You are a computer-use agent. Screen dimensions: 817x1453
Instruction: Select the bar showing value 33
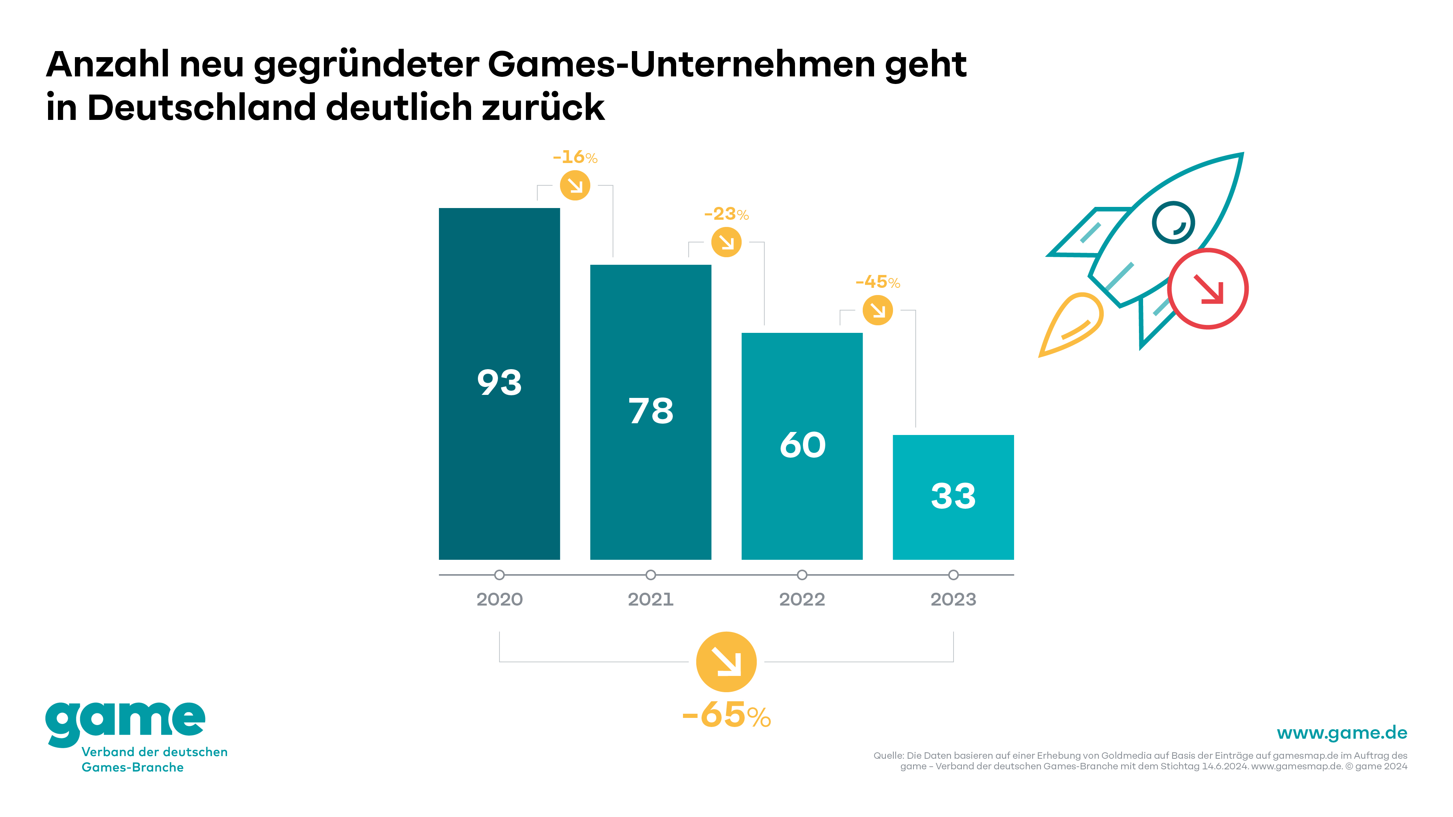953,497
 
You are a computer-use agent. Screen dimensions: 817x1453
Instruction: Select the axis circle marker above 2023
953,575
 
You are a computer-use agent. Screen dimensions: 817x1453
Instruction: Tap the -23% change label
726,214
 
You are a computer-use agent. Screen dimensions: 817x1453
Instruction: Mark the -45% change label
878,282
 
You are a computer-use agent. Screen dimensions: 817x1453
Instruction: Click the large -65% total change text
726,716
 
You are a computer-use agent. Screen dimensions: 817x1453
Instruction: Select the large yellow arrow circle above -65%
726,662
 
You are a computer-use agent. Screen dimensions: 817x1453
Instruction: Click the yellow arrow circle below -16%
575,185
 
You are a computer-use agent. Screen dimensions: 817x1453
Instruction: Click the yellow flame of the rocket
1072,324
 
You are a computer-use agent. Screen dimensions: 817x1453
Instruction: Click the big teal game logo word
125,722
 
